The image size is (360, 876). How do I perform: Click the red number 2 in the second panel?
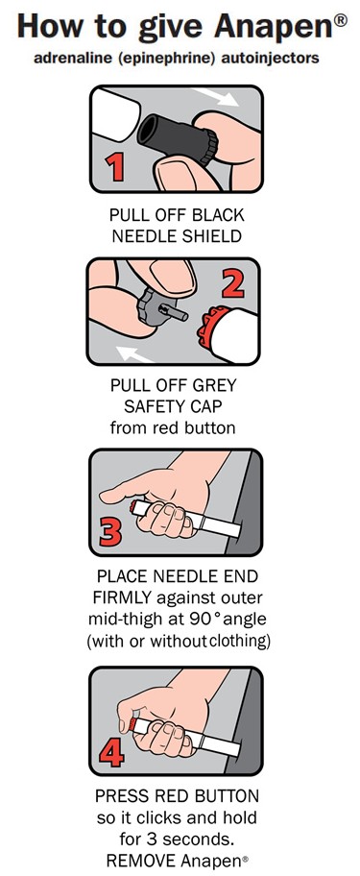(233, 282)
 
